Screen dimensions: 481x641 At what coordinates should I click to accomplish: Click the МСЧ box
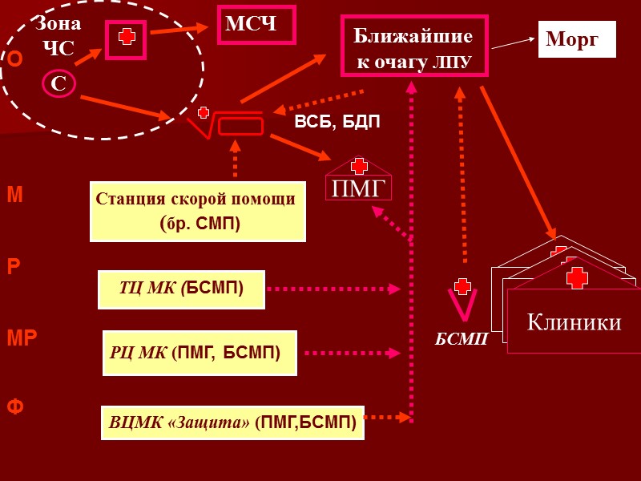pyautogui.click(x=256, y=25)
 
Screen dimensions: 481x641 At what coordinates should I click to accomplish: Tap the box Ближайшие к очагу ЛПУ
pyautogui.click(x=414, y=46)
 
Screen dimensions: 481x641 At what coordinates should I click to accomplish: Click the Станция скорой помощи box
pyautogui.click(x=198, y=211)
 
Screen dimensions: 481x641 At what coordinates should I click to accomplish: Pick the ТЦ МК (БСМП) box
pyautogui.click(x=181, y=289)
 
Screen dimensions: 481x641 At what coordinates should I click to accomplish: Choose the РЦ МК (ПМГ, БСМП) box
pyautogui.click(x=200, y=353)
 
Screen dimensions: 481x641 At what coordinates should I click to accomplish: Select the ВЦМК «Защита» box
pyautogui.click(x=232, y=422)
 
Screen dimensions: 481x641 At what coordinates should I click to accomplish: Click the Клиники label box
pyautogui.click(x=574, y=321)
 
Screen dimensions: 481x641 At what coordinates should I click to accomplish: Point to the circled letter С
pyautogui.click(x=58, y=83)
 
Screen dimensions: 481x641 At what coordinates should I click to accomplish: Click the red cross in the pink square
pyautogui.click(x=126, y=38)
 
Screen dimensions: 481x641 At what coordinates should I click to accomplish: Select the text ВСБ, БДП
pyautogui.click(x=337, y=122)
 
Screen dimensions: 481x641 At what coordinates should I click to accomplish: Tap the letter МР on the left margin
pyautogui.click(x=22, y=338)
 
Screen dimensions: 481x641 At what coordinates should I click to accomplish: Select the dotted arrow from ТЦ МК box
pyautogui.click(x=333, y=289)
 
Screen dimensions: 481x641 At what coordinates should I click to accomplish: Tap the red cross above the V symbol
pyautogui.click(x=462, y=286)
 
